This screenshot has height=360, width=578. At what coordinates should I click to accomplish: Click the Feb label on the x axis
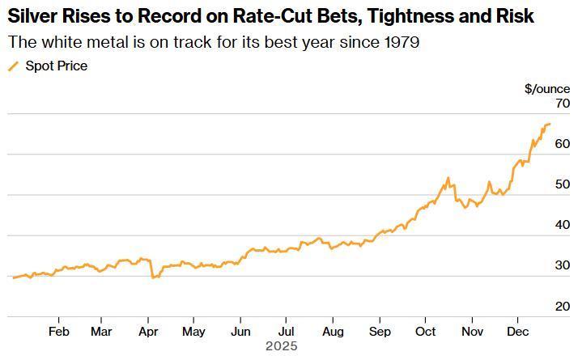(58, 331)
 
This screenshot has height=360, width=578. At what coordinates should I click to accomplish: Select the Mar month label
(101, 331)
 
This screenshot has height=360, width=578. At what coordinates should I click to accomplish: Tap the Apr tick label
(147, 331)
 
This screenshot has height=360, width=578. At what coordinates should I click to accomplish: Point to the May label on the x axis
(193, 331)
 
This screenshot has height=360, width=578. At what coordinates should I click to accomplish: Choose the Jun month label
(240, 331)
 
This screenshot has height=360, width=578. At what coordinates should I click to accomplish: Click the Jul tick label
(286, 331)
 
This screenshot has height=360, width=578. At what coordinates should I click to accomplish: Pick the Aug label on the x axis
(333, 331)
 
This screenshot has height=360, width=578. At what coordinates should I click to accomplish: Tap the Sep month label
(380, 331)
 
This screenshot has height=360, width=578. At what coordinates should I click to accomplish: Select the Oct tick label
(425, 331)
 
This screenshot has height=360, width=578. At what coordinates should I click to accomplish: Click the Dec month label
(517, 331)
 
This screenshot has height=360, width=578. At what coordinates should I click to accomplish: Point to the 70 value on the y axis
(541, 104)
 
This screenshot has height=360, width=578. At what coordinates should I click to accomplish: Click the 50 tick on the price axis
(541, 185)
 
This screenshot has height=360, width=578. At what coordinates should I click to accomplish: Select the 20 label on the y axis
(541, 307)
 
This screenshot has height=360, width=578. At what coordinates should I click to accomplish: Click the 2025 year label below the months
(282, 345)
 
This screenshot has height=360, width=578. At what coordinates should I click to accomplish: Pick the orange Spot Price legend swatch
(13, 66)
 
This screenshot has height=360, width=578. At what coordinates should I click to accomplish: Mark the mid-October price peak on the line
(448, 178)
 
